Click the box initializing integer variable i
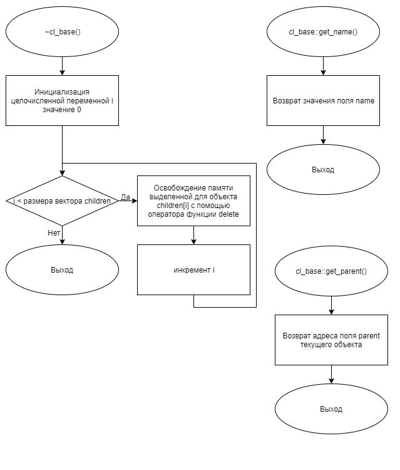[x=62, y=100]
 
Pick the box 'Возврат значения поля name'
[x=323, y=100]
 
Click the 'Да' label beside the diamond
[x=125, y=197]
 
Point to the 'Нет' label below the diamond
[x=54, y=233]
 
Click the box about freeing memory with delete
[x=193, y=201]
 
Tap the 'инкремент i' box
[x=193, y=269]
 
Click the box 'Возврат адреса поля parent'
[x=331, y=340]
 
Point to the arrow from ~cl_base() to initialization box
[x=62, y=66]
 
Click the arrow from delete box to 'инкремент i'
[x=193, y=235]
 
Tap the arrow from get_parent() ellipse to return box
[x=331, y=305]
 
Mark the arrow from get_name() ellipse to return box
[x=323, y=66]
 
